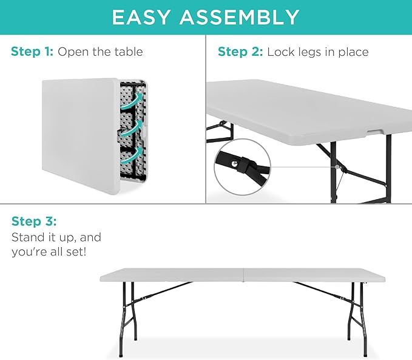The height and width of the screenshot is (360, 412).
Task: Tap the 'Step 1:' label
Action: click(32, 52)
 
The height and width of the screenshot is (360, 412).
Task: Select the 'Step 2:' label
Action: click(240, 52)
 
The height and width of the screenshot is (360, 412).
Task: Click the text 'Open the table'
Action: click(100, 52)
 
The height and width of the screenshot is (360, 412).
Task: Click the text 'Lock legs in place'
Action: click(317, 52)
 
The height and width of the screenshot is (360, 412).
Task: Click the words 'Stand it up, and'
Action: click(56, 236)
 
